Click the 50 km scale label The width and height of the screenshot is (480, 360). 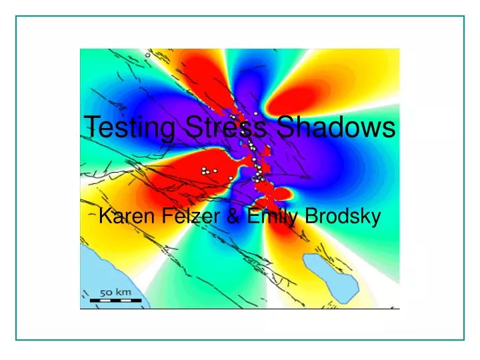click(x=115, y=292)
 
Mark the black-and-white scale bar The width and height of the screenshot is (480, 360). click(x=115, y=300)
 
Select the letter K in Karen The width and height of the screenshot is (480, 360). click(x=104, y=217)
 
